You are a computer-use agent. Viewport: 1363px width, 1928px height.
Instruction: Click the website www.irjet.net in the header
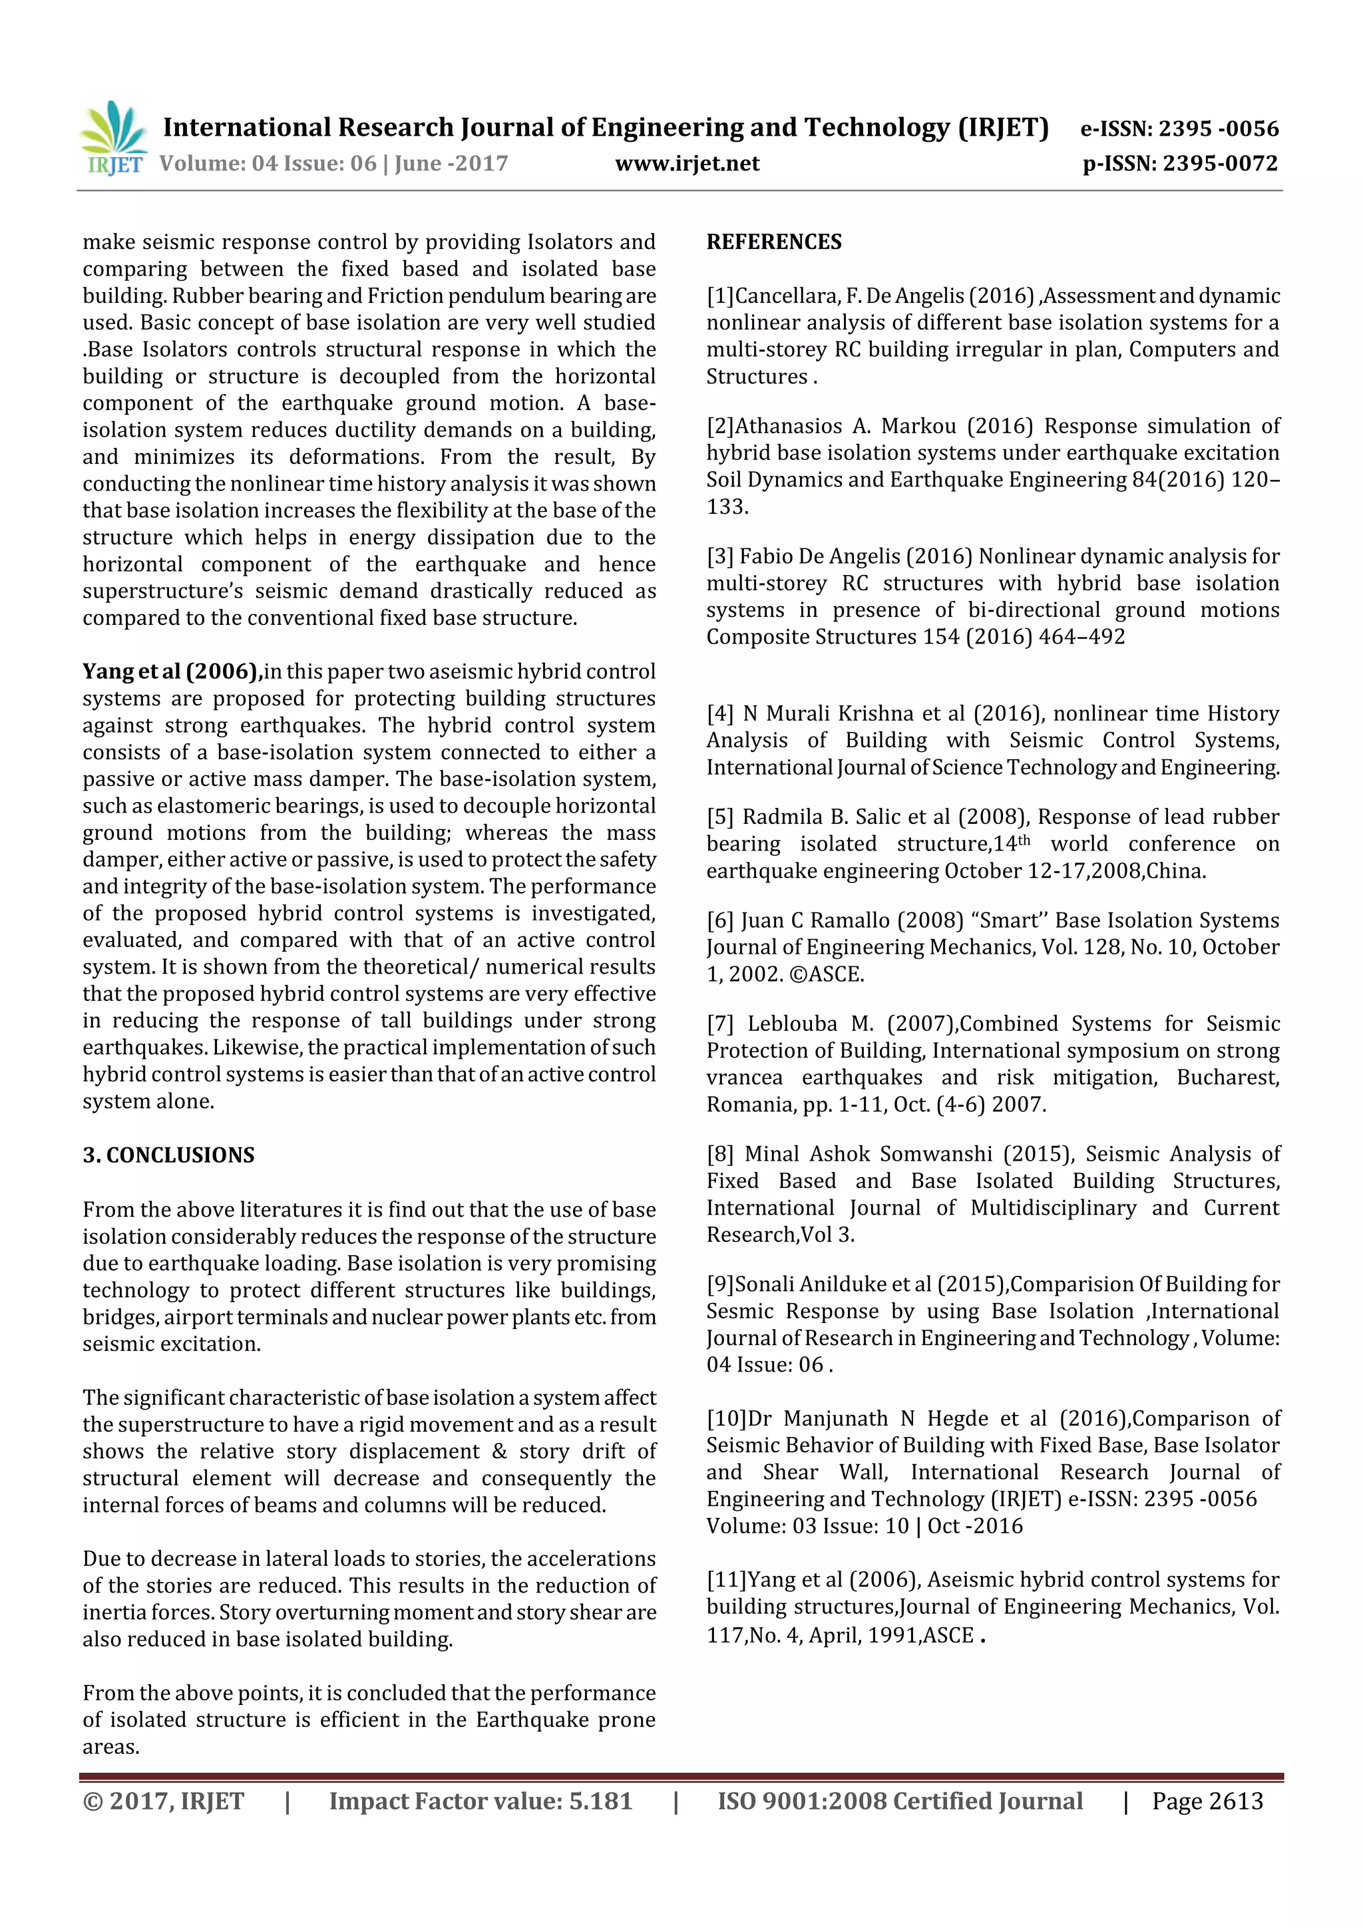click(686, 164)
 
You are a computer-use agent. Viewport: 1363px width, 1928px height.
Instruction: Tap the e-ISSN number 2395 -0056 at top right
click(1218, 128)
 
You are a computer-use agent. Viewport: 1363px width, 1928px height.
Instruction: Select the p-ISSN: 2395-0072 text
click(1180, 164)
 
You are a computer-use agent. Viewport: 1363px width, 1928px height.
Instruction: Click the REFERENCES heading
click(773, 243)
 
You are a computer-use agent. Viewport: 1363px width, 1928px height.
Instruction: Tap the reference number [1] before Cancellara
click(719, 296)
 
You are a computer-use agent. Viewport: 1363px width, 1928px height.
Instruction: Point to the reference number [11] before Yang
click(725, 1581)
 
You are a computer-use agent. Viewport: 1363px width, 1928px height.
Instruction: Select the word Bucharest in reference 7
click(1227, 1078)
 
